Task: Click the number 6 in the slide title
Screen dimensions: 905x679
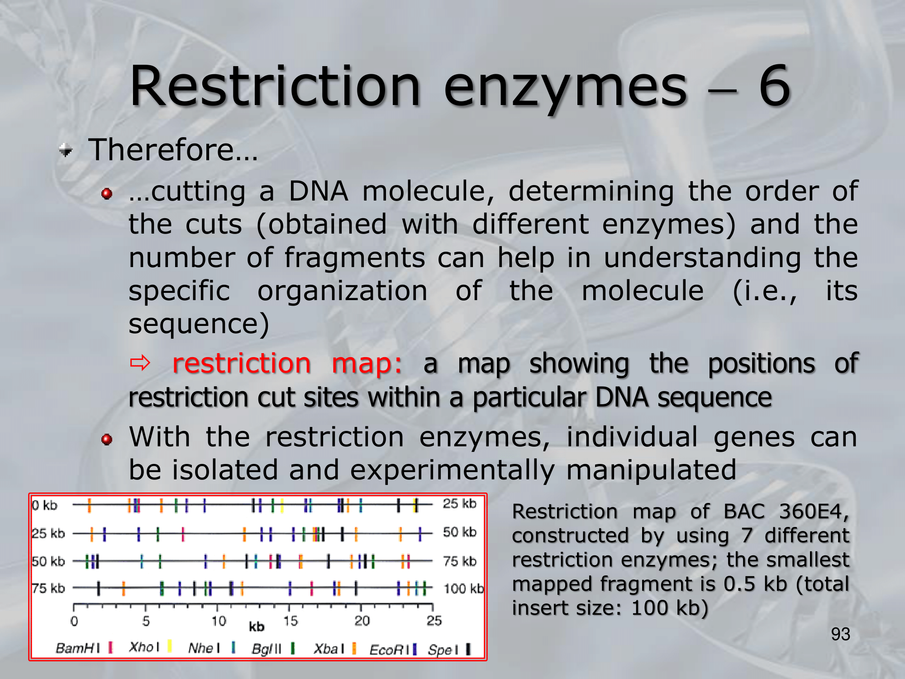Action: (x=774, y=86)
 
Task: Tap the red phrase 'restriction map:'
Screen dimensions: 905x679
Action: (x=287, y=363)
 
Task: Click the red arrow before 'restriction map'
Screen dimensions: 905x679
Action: (x=140, y=363)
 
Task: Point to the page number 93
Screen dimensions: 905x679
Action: (x=840, y=634)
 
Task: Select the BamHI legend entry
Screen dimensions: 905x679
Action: (x=84, y=648)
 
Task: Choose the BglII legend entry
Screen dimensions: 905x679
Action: (x=273, y=649)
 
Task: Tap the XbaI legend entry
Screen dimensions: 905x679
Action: (x=335, y=649)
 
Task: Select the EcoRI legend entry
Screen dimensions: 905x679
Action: (x=393, y=650)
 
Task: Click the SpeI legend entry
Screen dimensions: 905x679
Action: (x=449, y=650)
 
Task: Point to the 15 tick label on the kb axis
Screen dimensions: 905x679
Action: (x=291, y=621)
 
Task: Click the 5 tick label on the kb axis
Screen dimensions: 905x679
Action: (x=146, y=621)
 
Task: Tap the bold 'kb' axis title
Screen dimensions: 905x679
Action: (x=257, y=626)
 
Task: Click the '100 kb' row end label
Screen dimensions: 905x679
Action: (x=464, y=588)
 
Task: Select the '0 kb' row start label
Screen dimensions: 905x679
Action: (x=45, y=505)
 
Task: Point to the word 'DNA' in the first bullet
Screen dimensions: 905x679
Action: (x=319, y=191)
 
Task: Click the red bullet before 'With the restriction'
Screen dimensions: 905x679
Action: (x=107, y=439)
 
